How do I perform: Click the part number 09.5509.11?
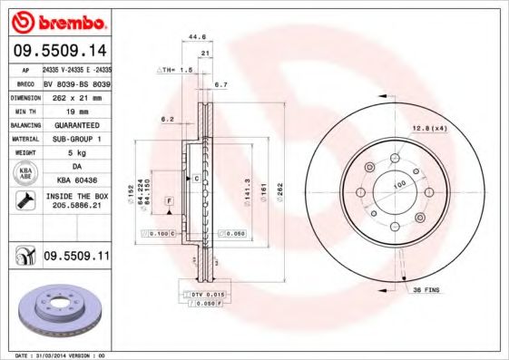(x=76, y=258)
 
